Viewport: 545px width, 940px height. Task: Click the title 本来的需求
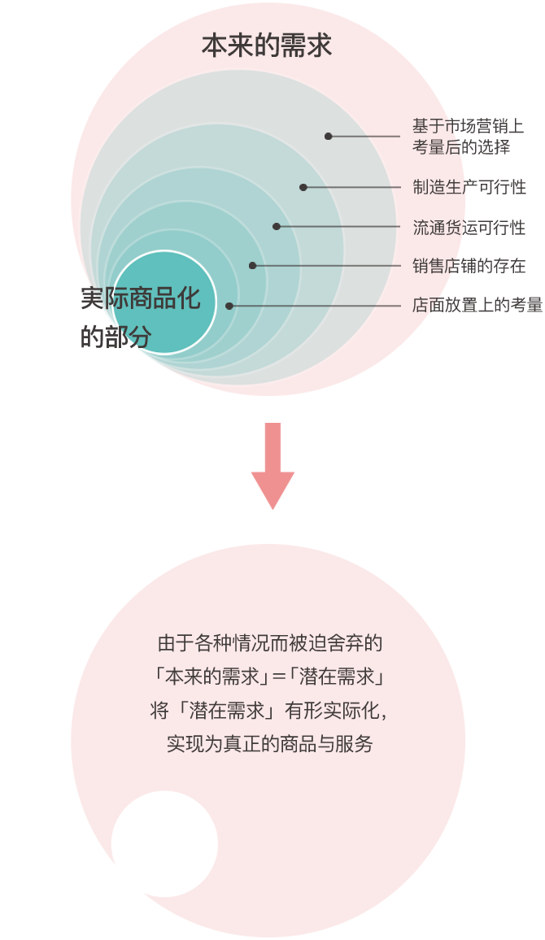tap(267, 46)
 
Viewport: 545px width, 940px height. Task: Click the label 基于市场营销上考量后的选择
tap(467, 137)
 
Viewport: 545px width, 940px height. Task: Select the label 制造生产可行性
tap(469, 187)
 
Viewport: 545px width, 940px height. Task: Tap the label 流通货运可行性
tap(469, 228)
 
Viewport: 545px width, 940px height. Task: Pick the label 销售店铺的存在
tap(469, 266)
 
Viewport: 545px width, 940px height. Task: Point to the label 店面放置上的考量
tap(477, 305)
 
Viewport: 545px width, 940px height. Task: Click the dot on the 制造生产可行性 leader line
tap(303, 187)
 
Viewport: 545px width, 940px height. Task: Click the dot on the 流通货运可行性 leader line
tap(277, 226)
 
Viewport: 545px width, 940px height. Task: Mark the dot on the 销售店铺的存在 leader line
tap(253, 265)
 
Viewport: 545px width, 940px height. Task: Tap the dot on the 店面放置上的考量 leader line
tap(229, 306)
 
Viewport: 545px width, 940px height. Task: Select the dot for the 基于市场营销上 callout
tap(329, 136)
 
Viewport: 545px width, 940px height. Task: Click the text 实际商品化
tap(141, 298)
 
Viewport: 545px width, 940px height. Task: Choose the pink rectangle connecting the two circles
tap(272, 466)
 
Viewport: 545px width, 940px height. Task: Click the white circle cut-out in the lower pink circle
tap(164, 843)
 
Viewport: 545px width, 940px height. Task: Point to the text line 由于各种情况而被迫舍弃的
tap(269, 644)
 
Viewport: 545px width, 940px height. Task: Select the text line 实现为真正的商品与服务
tap(269, 743)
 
